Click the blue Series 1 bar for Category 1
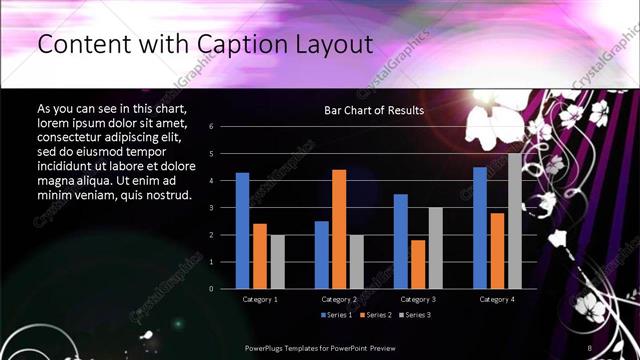(242, 230)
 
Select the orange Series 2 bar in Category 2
(339, 229)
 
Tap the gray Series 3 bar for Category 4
(514, 221)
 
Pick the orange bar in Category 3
(417, 264)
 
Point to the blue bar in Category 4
(480, 227)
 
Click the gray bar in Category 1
(277, 261)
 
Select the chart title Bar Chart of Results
(375, 110)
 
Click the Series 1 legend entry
(337, 315)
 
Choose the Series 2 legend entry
(375, 315)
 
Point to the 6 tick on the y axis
(211, 127)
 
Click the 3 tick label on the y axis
(211, 208)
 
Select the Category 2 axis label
(339, 299)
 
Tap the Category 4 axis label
(496, 299)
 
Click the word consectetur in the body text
(76, 132)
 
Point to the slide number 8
(589, 348)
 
